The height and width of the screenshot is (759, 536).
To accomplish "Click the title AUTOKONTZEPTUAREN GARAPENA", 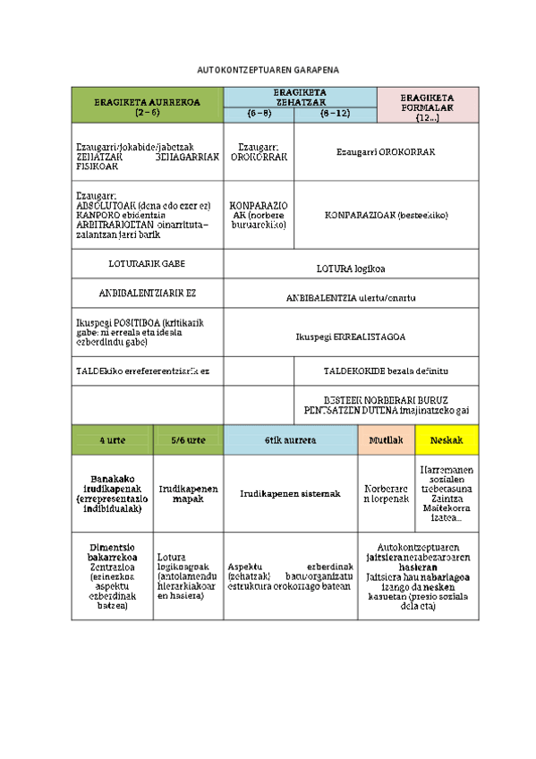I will click(x=268, y=70).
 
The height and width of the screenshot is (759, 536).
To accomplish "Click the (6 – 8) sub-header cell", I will click(x=258, y=114).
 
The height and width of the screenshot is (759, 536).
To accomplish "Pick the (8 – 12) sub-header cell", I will click(x=336, y=114).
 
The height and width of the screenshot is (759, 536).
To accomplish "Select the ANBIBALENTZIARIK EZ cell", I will click(x=147, y=293).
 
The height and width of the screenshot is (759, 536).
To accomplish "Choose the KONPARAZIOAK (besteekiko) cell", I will click(x=386, y=215).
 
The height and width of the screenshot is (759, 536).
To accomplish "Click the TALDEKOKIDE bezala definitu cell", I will click(x=386, y=371).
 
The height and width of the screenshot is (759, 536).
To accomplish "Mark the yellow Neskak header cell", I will click(x=447, y=440).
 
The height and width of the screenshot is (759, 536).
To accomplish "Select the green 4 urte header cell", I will click(x=112, y=440).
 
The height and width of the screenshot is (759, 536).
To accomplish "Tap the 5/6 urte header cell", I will click(x=188, y=440).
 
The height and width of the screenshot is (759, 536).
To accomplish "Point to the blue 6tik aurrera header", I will click(x=290, y=440).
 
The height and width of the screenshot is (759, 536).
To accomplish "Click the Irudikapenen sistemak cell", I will click(x=290, y=493).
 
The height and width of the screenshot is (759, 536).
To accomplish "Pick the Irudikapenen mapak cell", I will click(x=188, y=493).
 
